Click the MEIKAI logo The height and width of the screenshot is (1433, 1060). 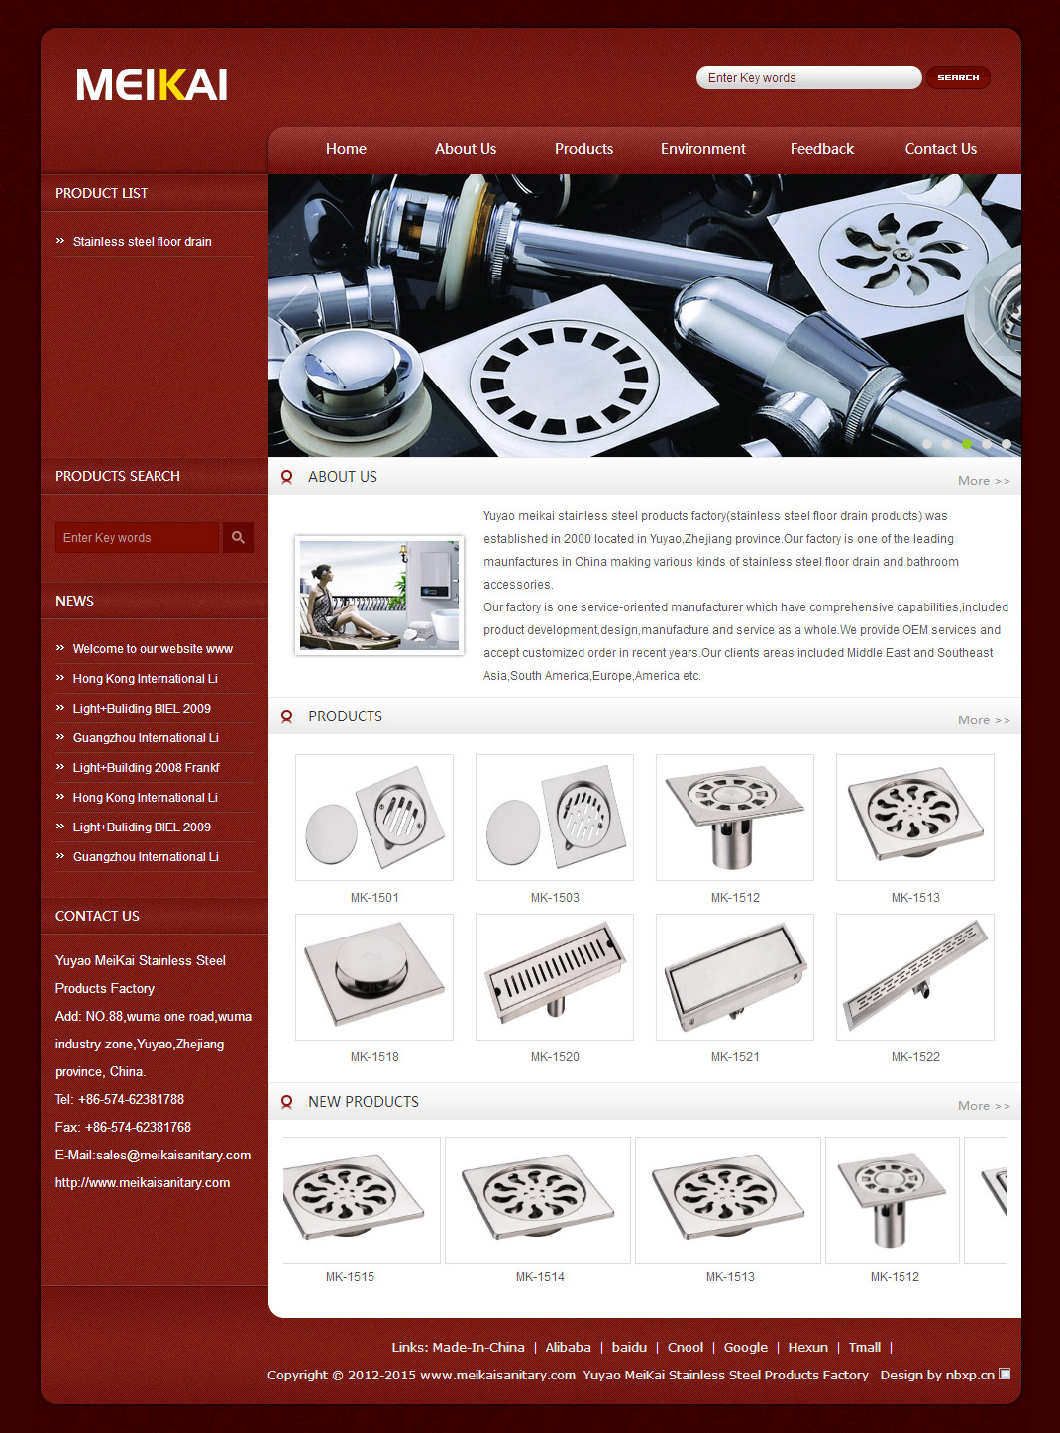click(x=152, y=84)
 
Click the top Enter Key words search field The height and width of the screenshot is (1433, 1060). click(x=808, y=78)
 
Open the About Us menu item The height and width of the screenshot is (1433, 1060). click(x=465, y=149)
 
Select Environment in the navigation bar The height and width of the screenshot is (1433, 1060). click(x=702, y=149)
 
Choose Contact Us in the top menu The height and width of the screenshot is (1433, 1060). click(x=940, y=149)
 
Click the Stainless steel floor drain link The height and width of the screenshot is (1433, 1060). click(x=142, y=242)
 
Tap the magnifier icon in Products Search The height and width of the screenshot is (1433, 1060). click(x=238, y=537)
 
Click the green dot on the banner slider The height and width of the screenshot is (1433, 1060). click(x=967, y=444)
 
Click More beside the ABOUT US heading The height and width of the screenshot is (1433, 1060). click(x=983, y=481)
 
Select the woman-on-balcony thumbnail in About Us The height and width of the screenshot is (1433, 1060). click(x=379, y=596)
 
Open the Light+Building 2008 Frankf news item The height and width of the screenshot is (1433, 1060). click(x=146, y=768)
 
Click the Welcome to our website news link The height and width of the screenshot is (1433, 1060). click(x=153, y=649)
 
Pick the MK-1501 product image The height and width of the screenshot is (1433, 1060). click(x=374, y=818)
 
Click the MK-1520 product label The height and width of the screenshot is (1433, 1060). click(x=555, y=1057)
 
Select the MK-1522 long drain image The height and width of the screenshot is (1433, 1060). click(x=915, y=977)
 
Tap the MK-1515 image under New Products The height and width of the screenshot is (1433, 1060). click(x=362, y=1200)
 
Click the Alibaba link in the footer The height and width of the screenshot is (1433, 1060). click(x=568, y=1347)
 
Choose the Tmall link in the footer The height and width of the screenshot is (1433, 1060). click(x=864, y=1347)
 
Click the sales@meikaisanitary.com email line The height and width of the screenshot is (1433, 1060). click(x=154, y=1156)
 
